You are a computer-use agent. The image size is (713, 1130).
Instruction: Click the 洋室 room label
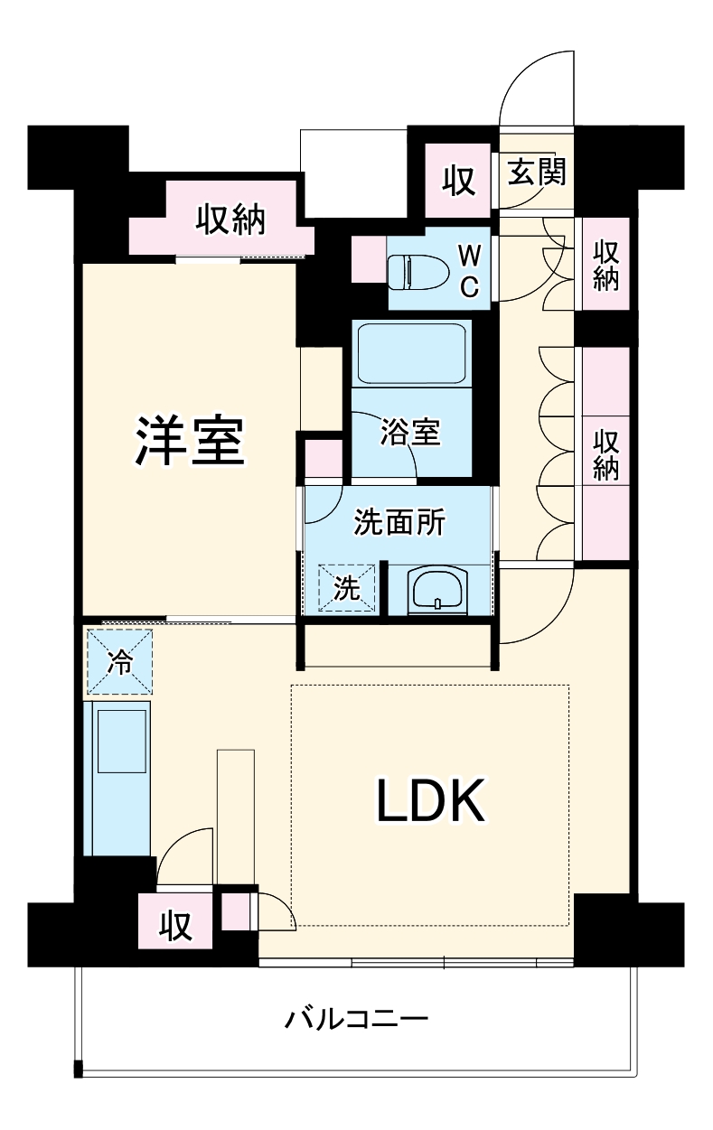pyautogui.click(x=191, y=440)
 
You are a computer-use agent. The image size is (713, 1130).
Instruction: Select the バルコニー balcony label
pyautogui.click(x=356, y=1022)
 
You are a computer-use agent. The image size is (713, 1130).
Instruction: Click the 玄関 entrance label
pyautogui.click(x=536, y=172)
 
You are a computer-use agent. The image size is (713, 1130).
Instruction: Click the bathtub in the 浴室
pyautogui.click(x=412, y=353)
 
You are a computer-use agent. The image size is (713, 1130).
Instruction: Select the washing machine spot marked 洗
pyautogui.click(x=347, y=588)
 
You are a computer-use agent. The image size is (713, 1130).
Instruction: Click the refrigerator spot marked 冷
pyautogui.click(x=119, y=662)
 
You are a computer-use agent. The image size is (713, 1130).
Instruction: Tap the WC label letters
pyautogui.click(x=470, y=271)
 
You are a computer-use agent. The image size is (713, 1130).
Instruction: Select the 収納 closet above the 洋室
pyautogui.click(x=231, y=219)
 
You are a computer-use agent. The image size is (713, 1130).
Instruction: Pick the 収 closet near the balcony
pyautogui.click(x=175, y=922)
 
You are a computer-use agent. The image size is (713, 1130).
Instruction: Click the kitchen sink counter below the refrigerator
pyautogui.click(x=119, y=778)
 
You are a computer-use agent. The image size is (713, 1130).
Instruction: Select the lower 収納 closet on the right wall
pyautogui.click(x=605, y=454)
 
